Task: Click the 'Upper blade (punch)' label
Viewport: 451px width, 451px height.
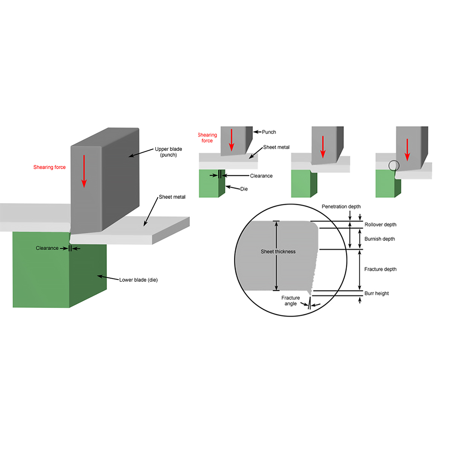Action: pyautogui.click(x=168, y=152)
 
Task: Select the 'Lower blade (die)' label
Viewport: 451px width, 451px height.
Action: pyautogui.click(x=138, y=280)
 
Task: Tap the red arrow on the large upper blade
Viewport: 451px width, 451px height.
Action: pyautogui.click(x=84, y=171)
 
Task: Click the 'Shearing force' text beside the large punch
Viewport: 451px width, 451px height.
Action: pyautogui.click(x=49, y=167)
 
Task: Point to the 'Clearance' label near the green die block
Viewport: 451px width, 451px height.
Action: pyautogui.click(x=47, y=248)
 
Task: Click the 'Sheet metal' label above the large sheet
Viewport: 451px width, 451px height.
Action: pyautogui.click(x=172, y=197)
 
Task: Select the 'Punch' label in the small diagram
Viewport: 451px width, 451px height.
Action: pyautogui.click(x=269, y=132)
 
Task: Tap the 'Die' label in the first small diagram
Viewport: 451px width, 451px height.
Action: pyautogui.click(x=244, y=189)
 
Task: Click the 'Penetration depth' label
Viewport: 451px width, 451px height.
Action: pyautogui.click(x=341, y=207)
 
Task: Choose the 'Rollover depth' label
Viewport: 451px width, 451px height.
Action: pyautogui.click(x=380, y=225)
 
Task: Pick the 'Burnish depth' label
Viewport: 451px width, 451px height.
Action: pyautogui.click(x=380, y=239)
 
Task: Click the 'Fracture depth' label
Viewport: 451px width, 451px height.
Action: pyautogui.click(x=380, y=269)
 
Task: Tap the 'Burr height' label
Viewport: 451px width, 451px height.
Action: pyautogui.click(x=377, y=294)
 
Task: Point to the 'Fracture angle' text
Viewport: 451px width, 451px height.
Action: pyautogui.click(x=291, y=301)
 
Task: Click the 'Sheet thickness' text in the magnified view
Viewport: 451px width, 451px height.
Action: pyautogui.click(x=278, y=252)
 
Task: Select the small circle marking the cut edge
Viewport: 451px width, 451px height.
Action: pyautogui.click(x=394, y=165)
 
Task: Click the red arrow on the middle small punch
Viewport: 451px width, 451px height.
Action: pyautogui.click(x=322, y=147)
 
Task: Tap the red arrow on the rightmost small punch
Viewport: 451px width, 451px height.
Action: pyautogui.click(x=407, y=149)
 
